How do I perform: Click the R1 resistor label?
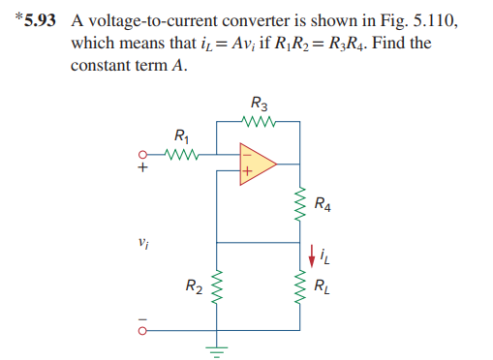tap(180, 136)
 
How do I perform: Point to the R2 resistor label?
tap(194, 285)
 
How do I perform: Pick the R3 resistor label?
tap(259, 105)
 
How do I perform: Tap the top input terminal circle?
tap(143, 154)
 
